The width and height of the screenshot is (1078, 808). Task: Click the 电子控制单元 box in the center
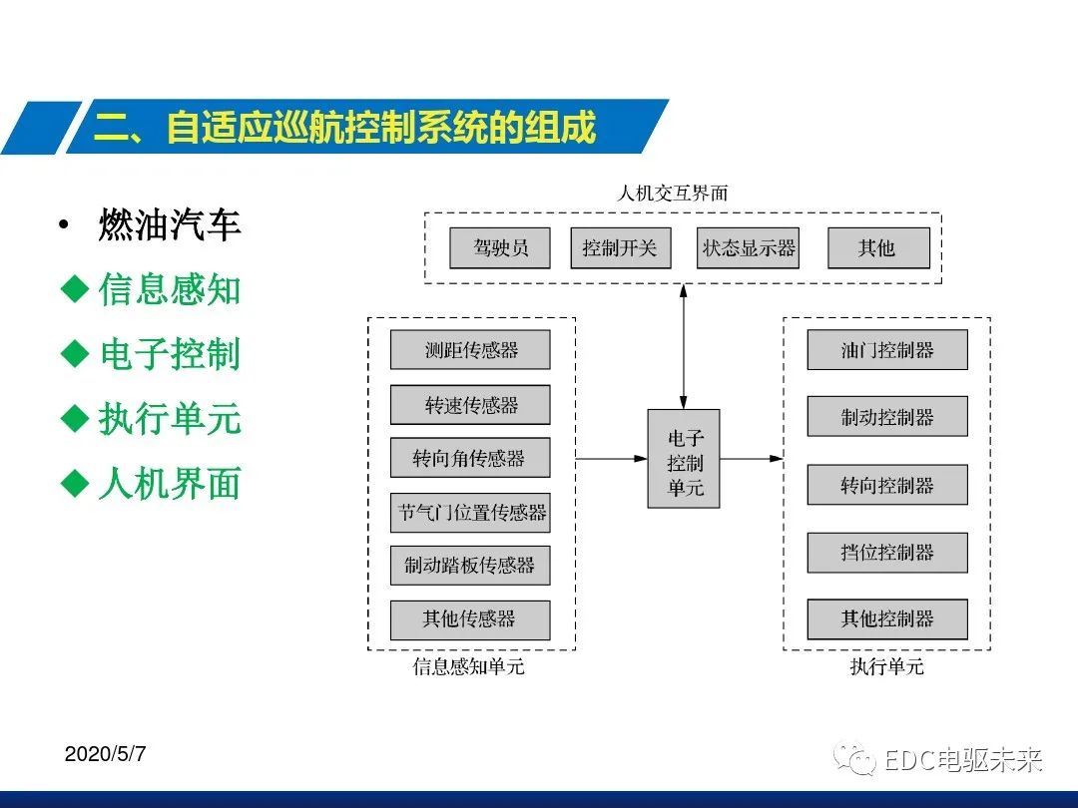[x=684, y=459]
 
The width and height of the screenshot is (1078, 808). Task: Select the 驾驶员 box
[x=499, y=248]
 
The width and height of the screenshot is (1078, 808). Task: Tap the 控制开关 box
[x=620, y=248]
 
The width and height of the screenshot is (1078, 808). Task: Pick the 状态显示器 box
[x=749, y=248]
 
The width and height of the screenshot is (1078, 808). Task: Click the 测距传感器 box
[x=470, y=350]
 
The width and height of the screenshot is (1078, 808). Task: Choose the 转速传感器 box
[x=470, y=405]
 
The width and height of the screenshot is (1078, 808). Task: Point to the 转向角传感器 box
[x=470, y=459]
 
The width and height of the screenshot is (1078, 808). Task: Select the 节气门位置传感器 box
[x=470, y=513]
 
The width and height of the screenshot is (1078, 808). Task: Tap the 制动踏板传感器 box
[x=470, y=566]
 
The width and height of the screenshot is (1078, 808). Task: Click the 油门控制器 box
[x=886, y=350]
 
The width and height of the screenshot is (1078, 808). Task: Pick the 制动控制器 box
[x=886, y=417]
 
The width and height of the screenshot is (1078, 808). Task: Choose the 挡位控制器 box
[x=886, y=553]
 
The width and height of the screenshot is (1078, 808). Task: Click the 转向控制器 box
[x=886, y=485]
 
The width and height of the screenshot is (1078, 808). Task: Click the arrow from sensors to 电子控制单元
[x=612, y=459]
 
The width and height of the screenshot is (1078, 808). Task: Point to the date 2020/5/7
[x=105, y=754]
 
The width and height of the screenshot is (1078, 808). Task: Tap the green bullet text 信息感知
[x=169, y=290]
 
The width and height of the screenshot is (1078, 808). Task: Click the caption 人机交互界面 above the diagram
[x=672, y=194]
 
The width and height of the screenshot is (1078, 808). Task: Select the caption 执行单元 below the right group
[x=886, y=666]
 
